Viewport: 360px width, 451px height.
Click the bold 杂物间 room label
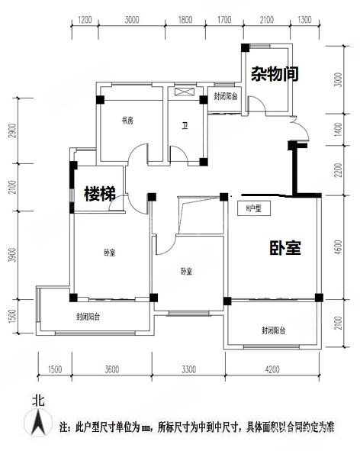(274, 74)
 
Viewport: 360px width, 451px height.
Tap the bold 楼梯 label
(99, 194)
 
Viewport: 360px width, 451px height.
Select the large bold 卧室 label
(284, 248)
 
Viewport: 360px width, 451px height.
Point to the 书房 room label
(127, 121)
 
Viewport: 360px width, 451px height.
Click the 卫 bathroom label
(185, 127)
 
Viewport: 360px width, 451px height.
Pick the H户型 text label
(253, 208)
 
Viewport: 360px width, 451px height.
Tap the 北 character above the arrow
(36, 399)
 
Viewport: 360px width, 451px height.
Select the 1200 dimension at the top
(85, 21)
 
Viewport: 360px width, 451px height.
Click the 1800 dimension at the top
(185, 21)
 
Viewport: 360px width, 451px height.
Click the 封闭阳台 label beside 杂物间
(226, 97)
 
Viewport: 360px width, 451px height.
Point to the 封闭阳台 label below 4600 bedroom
(273, 330)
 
